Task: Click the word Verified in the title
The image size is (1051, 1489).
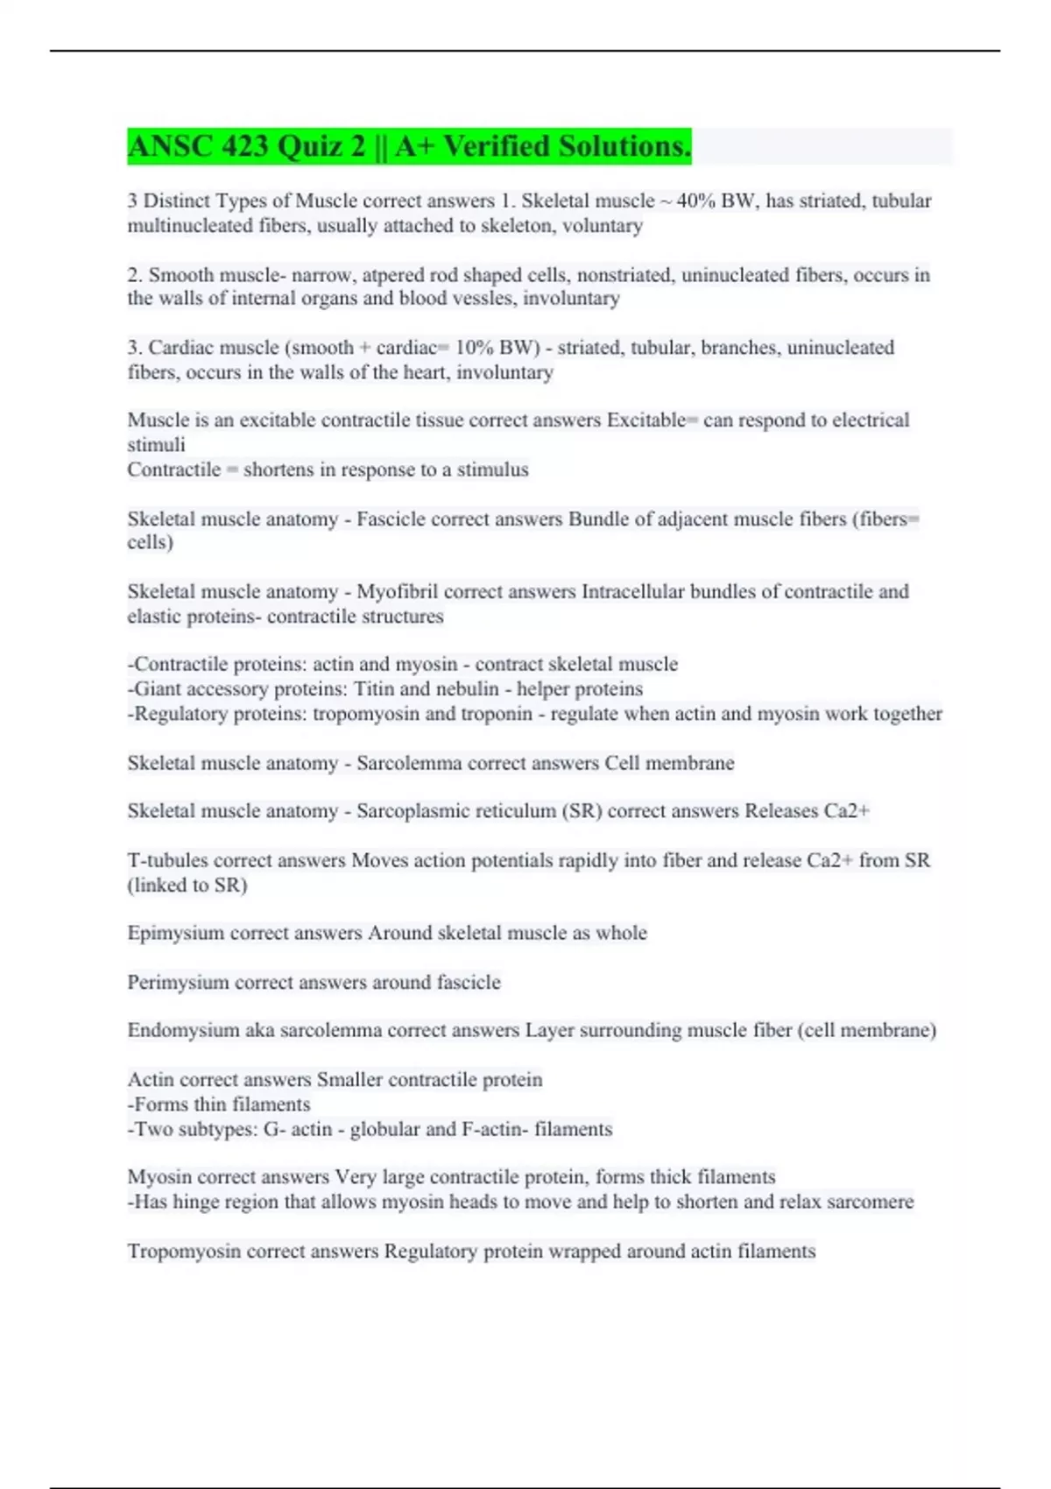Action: click(497, 146)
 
